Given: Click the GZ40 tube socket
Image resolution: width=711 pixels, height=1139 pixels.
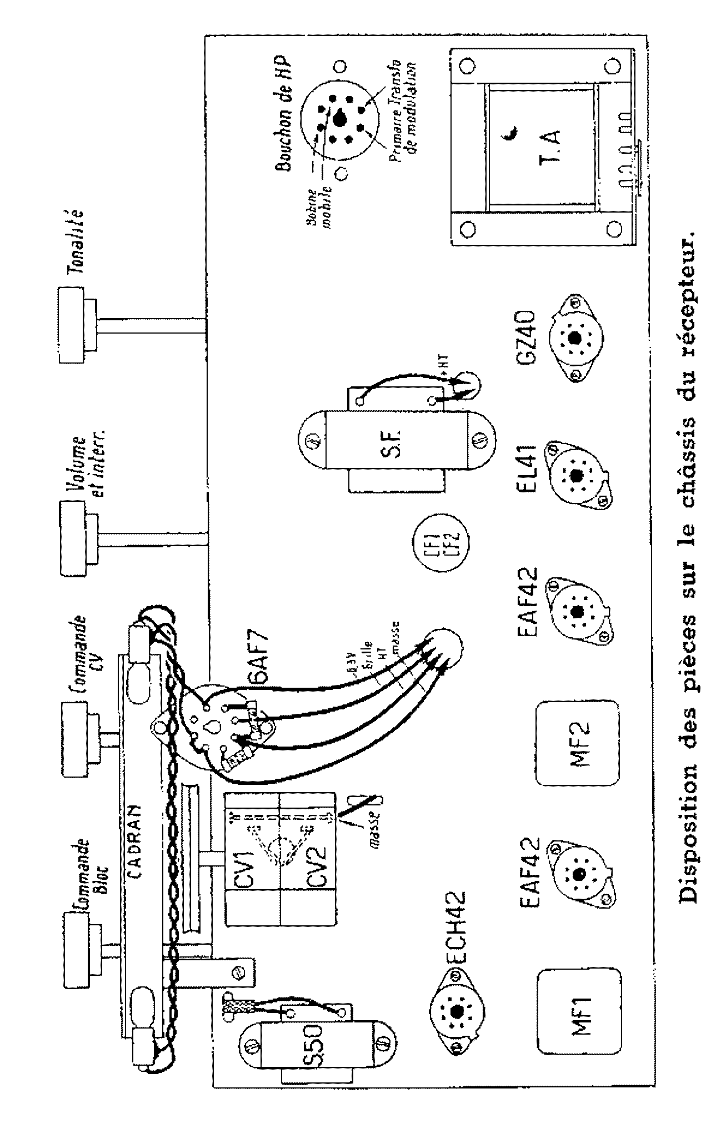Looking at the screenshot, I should [573, 337].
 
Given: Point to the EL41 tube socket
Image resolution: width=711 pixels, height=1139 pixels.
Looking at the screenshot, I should [576, 475].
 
